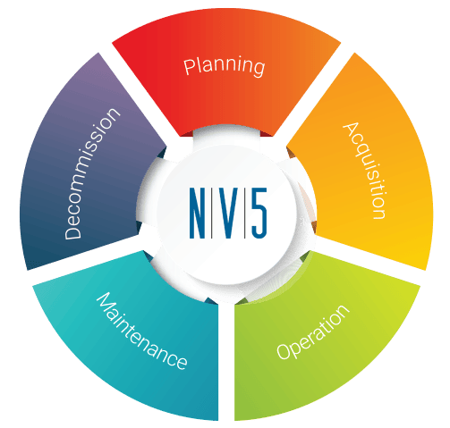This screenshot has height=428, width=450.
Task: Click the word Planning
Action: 224,67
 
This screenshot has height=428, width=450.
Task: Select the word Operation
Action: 313,332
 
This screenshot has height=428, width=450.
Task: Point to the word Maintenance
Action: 141,331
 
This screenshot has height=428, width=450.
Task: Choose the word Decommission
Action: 92,173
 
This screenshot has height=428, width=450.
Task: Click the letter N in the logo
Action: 197,213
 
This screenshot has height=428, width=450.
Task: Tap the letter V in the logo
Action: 228,213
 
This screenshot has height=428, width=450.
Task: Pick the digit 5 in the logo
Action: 259,213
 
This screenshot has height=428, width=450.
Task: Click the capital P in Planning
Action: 189,67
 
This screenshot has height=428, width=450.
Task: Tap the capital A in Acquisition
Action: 351,130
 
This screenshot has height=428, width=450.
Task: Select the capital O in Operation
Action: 284,352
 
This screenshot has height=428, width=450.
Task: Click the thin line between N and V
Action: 212,213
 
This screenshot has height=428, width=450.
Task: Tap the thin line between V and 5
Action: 245,213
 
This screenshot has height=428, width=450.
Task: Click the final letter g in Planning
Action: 259,68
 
